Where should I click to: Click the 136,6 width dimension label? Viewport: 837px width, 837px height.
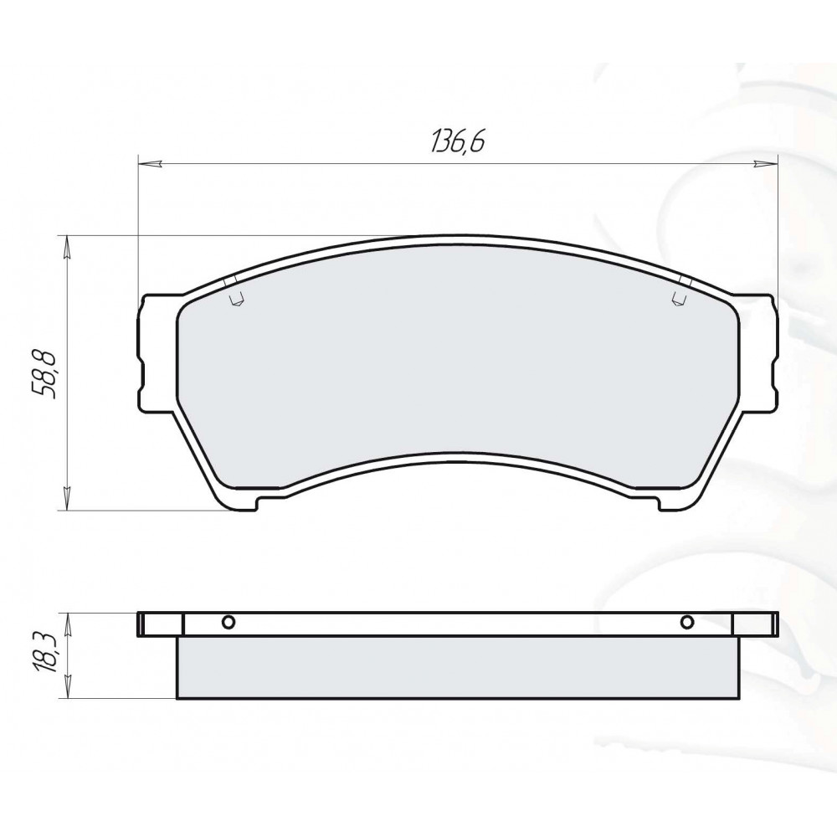pos(458,141)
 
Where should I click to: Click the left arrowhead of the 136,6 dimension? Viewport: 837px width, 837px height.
pos(150,164)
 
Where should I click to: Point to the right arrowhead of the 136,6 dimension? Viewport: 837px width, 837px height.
pos(766,164)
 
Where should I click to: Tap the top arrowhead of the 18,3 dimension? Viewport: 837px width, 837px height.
pos(67,624)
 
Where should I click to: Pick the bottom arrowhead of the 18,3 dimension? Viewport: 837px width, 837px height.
pos(67,686)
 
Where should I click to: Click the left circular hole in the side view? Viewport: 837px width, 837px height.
pos(229,622)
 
